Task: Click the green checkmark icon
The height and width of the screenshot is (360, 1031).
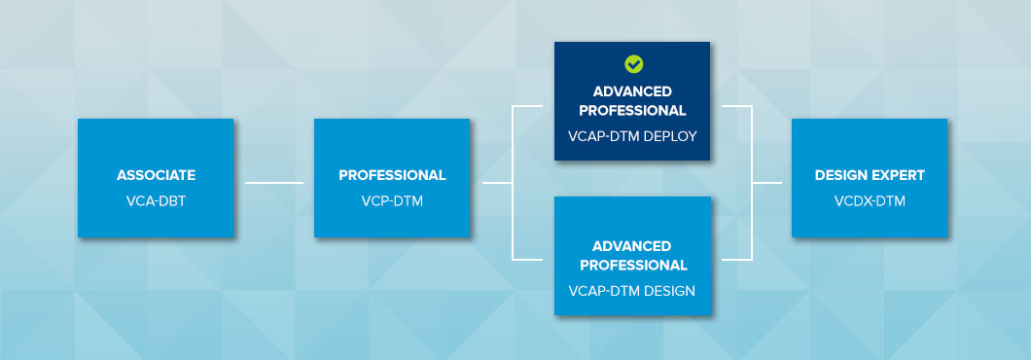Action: [633, 64]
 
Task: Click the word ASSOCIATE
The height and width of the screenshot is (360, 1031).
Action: [156, 175]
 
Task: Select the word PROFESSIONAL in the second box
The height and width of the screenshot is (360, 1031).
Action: [392, 175]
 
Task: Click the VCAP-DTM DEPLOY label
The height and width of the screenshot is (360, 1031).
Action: [632, 135]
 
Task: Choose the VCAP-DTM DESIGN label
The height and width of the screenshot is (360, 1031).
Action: [632, 290]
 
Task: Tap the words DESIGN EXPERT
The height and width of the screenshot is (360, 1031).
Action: [870, 175]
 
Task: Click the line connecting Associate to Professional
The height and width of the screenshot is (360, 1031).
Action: [273, 182]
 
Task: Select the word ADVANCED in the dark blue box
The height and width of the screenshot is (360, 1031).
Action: [632, 91]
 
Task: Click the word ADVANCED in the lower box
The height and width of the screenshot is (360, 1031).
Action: [632, 246]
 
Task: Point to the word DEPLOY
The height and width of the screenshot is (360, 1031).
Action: [671, 135]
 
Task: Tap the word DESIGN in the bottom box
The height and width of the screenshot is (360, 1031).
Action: [671, 290]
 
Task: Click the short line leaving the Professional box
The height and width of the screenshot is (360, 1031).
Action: [495, 182]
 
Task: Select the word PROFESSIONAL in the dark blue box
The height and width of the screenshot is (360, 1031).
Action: [632, 110]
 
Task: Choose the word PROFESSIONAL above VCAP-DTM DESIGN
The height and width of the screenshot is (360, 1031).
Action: [632, 265]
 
